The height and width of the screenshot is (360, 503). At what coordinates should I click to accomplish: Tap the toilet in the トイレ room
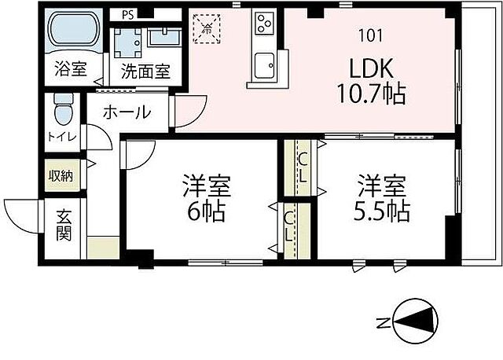[x=64, y=109]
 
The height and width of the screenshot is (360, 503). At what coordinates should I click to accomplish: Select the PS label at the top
[x=127, y=14]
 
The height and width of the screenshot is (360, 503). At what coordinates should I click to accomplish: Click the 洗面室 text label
[x=145, y=70]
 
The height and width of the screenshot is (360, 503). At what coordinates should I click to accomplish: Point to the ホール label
[x=127, y=112]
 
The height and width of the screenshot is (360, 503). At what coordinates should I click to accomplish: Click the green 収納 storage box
[x=61, y=175]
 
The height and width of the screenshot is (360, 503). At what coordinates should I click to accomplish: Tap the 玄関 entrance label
[x=64, y=224]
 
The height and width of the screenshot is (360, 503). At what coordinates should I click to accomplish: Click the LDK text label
[x=370, y=66]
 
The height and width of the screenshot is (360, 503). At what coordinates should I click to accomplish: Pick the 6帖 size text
[x=205, y=211]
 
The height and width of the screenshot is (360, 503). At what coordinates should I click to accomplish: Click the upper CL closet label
[x=303, y=168]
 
